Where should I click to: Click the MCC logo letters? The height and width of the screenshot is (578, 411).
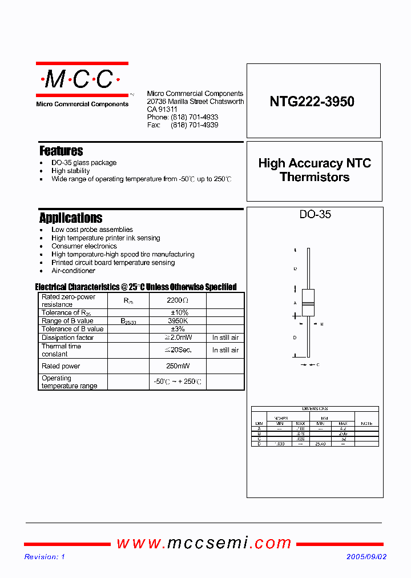click(82, 80)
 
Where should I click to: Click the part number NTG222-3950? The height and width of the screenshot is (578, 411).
click(312, 102)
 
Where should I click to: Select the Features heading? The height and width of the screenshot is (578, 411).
click(61, 151)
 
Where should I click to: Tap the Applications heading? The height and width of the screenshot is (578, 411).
click(71, 218)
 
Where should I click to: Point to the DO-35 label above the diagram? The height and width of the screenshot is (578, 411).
click(315, 215)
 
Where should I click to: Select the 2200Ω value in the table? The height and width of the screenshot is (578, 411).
click(178, 300)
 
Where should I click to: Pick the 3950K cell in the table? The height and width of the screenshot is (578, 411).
click(178, 321)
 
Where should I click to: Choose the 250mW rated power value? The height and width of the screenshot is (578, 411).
click(178, 366)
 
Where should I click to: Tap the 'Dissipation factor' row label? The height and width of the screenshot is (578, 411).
click(67, 338)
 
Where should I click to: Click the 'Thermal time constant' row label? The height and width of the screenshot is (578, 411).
click(62, 350)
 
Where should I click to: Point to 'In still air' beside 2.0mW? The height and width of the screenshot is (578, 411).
click(225, 338)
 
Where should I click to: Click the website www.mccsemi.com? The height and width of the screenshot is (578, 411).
click(204, 543)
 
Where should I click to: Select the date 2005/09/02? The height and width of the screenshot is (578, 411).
click(366, 557)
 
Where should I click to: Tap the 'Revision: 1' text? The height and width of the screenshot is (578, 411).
click(45, 557)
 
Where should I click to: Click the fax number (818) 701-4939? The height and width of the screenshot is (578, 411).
click(194, 125)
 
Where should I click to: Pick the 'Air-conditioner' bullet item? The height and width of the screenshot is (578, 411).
click(73, 271)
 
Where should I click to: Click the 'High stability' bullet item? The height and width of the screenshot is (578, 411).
click(70, 171)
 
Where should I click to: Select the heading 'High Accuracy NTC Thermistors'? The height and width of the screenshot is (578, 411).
click(315, 170)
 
